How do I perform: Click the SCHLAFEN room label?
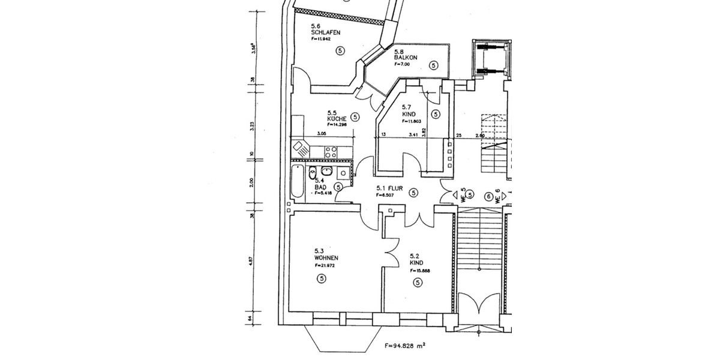point(322,32)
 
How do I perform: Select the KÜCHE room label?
point(337,119)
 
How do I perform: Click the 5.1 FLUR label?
point(388,187)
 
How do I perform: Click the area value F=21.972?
point(325,265)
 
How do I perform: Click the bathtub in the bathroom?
point(297,182)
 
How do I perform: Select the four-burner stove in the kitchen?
point(331,153)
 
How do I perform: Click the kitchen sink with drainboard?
point(300,148)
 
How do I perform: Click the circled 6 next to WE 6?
point(489,196)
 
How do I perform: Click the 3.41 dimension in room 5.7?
point(413,136)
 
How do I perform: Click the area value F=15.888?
point(420,271)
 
